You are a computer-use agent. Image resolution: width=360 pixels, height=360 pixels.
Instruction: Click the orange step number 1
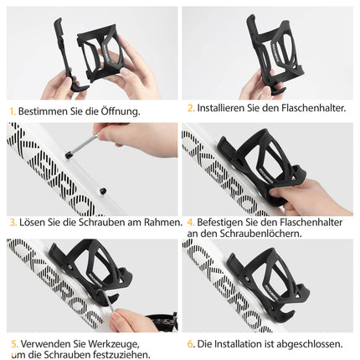pos(12,111)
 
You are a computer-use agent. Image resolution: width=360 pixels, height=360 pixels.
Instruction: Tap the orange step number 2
pos(190,108)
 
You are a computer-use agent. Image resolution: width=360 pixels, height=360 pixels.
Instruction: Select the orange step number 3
pos(12,222)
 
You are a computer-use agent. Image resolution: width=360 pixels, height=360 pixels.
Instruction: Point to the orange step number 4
pos(190,222)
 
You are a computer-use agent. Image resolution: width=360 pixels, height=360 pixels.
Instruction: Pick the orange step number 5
pos(13,343)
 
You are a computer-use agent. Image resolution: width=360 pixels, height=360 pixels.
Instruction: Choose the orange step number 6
pos(190,343)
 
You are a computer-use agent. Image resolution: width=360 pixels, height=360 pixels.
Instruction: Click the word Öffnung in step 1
pos(116,111)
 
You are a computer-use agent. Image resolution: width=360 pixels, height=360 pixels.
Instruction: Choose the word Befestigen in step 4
pos(221,222)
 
